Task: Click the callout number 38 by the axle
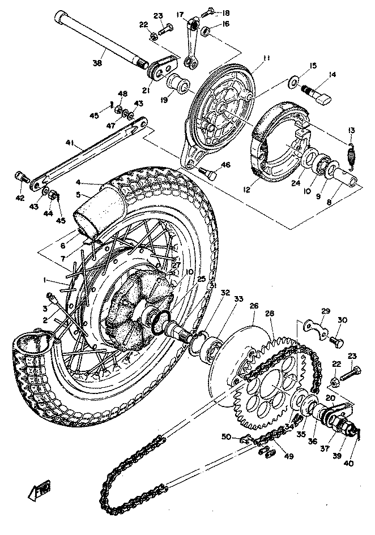point(97,63)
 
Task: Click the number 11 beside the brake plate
point(266,58)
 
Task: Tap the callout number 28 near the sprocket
point(269,313)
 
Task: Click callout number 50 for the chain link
point(226,436)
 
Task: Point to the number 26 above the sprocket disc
point(253,306)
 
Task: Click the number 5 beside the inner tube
point(79,194)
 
